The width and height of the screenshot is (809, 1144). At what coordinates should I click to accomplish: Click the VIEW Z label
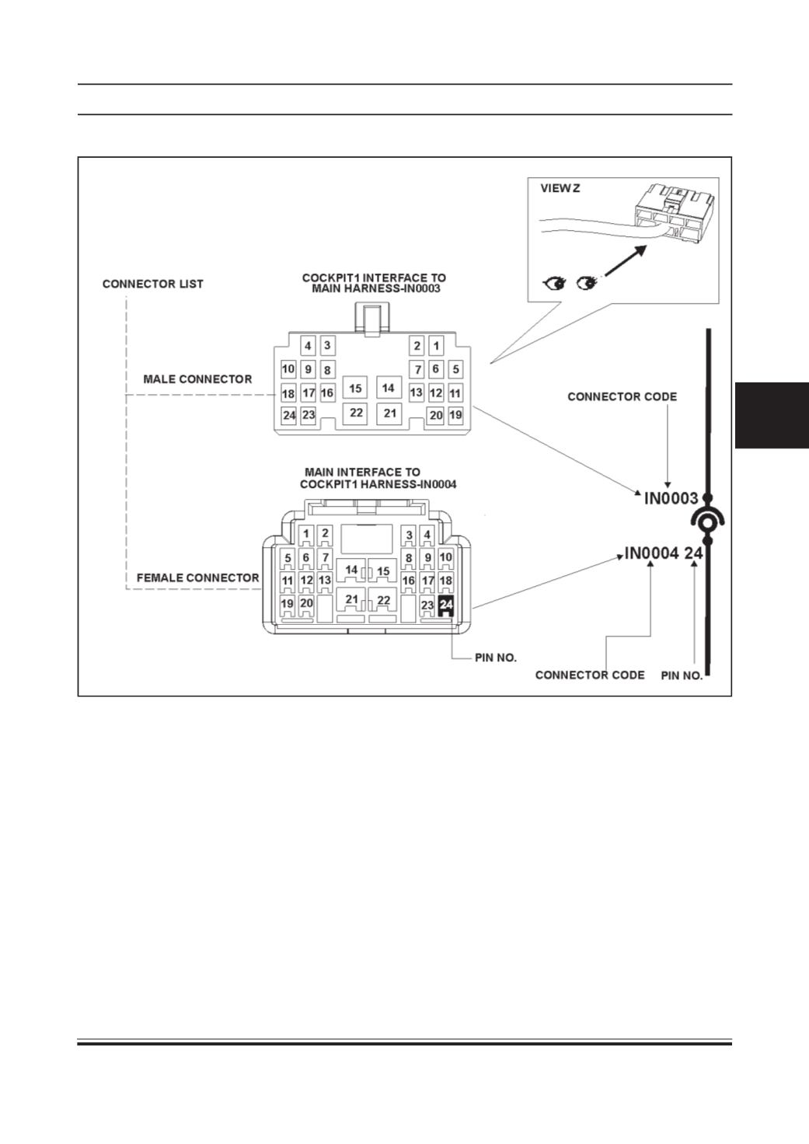(x=560, y=188)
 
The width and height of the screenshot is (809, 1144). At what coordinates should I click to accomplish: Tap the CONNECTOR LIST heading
(x=153, y=284)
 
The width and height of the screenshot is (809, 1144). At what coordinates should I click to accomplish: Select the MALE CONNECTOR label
(x=197, y=379)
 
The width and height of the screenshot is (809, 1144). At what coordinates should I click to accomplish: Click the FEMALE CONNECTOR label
(x=197, y=578)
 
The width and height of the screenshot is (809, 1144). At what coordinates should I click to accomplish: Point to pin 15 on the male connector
(x=355, y=388)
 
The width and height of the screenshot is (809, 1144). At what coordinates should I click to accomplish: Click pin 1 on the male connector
(x=436, y=346)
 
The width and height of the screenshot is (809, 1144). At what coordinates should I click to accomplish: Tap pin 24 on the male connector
(x=289, y=415)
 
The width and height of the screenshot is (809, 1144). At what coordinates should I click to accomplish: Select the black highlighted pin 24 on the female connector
(x=446, y=605)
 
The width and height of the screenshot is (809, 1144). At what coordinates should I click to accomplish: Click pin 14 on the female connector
(x=351, y=570)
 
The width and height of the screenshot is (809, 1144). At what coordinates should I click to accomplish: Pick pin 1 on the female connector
(x=306, y=534)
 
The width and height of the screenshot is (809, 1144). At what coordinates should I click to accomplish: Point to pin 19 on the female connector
(x=288, y=604)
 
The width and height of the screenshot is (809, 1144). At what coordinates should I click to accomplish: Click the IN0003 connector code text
(x=671, y=498)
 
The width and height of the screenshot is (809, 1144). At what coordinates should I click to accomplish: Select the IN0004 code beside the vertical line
(x=652, y=553)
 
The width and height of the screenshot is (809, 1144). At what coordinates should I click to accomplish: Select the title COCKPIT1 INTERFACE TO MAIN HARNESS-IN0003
(x=374, y=283)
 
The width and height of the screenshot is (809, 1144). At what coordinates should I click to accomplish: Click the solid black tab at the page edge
(x=772, y=415)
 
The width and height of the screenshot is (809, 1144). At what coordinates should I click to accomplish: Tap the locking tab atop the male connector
(x=372, y=319)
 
